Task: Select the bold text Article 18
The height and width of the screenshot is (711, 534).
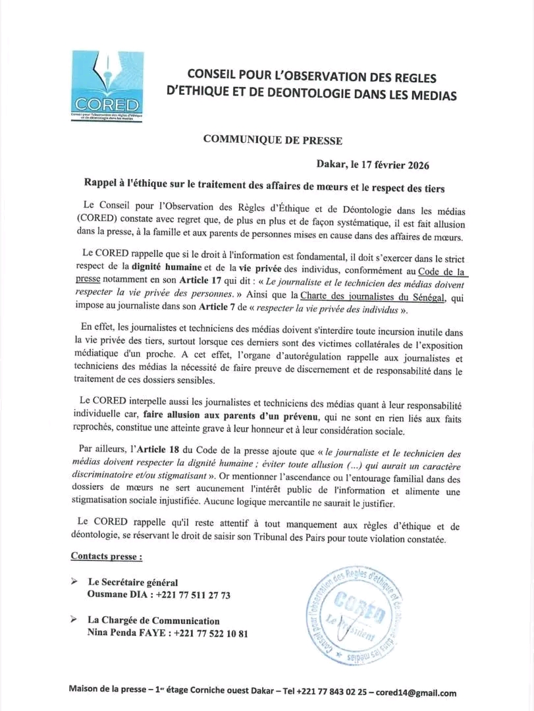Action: (x=165, y=452)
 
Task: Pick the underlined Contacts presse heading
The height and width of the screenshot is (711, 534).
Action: (x=106, y=557)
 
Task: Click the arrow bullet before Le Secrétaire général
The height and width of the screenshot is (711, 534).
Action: (x=76, y=582)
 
